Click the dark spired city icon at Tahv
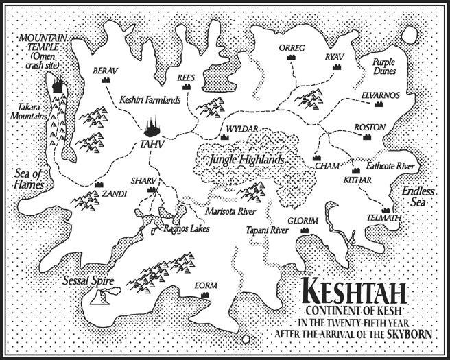tap(153, 127)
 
